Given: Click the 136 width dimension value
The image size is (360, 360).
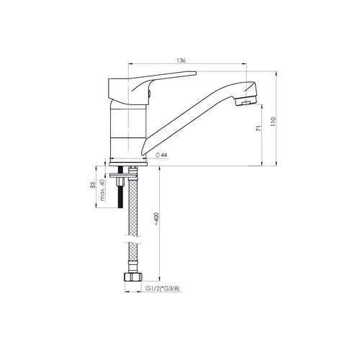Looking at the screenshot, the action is click(x=181, y=60).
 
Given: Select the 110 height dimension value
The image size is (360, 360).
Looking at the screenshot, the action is click(x=273, y=122).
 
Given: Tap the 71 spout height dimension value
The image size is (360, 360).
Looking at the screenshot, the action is click(x=258, y=128).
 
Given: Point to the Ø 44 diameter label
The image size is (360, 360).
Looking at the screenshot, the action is click(x=161, y=155).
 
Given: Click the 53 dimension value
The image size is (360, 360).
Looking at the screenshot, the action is click(x=93, y=185).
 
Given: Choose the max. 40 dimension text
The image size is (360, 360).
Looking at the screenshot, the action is click(x=102, y=190).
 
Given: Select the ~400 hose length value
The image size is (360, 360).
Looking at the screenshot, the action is click(x=156, y=219).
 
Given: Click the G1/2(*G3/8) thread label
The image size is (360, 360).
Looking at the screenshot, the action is click(x=163, y=289).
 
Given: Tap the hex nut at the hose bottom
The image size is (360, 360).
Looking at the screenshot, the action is click(x=132, y=277).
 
